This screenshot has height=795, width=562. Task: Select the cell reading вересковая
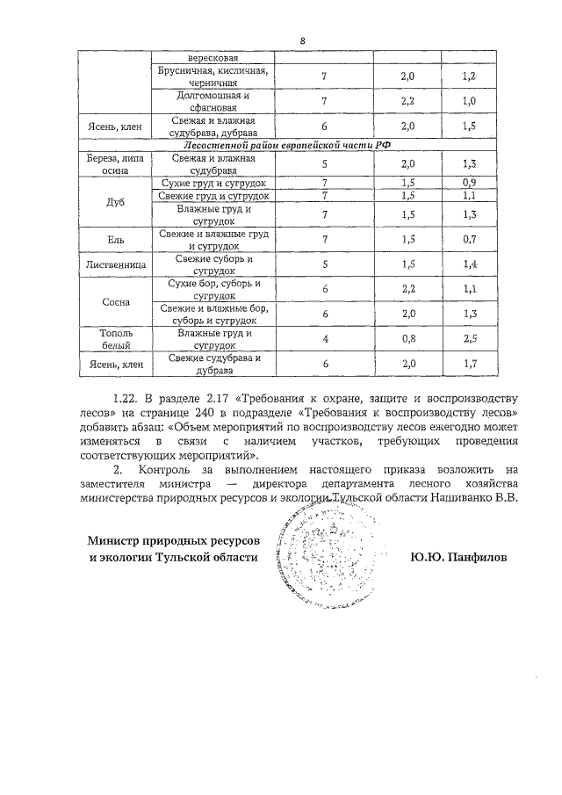point(214,57)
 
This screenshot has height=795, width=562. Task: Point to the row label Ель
point(114,239)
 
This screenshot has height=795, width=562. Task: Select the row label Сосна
point(114,302)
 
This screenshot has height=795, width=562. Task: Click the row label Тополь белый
point(114,339)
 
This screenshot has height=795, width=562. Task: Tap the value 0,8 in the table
point(407,338)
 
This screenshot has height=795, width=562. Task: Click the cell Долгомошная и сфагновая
point(214,101)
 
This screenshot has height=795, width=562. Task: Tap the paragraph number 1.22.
point(127,401)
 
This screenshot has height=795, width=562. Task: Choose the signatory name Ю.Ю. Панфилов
point(459,557)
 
